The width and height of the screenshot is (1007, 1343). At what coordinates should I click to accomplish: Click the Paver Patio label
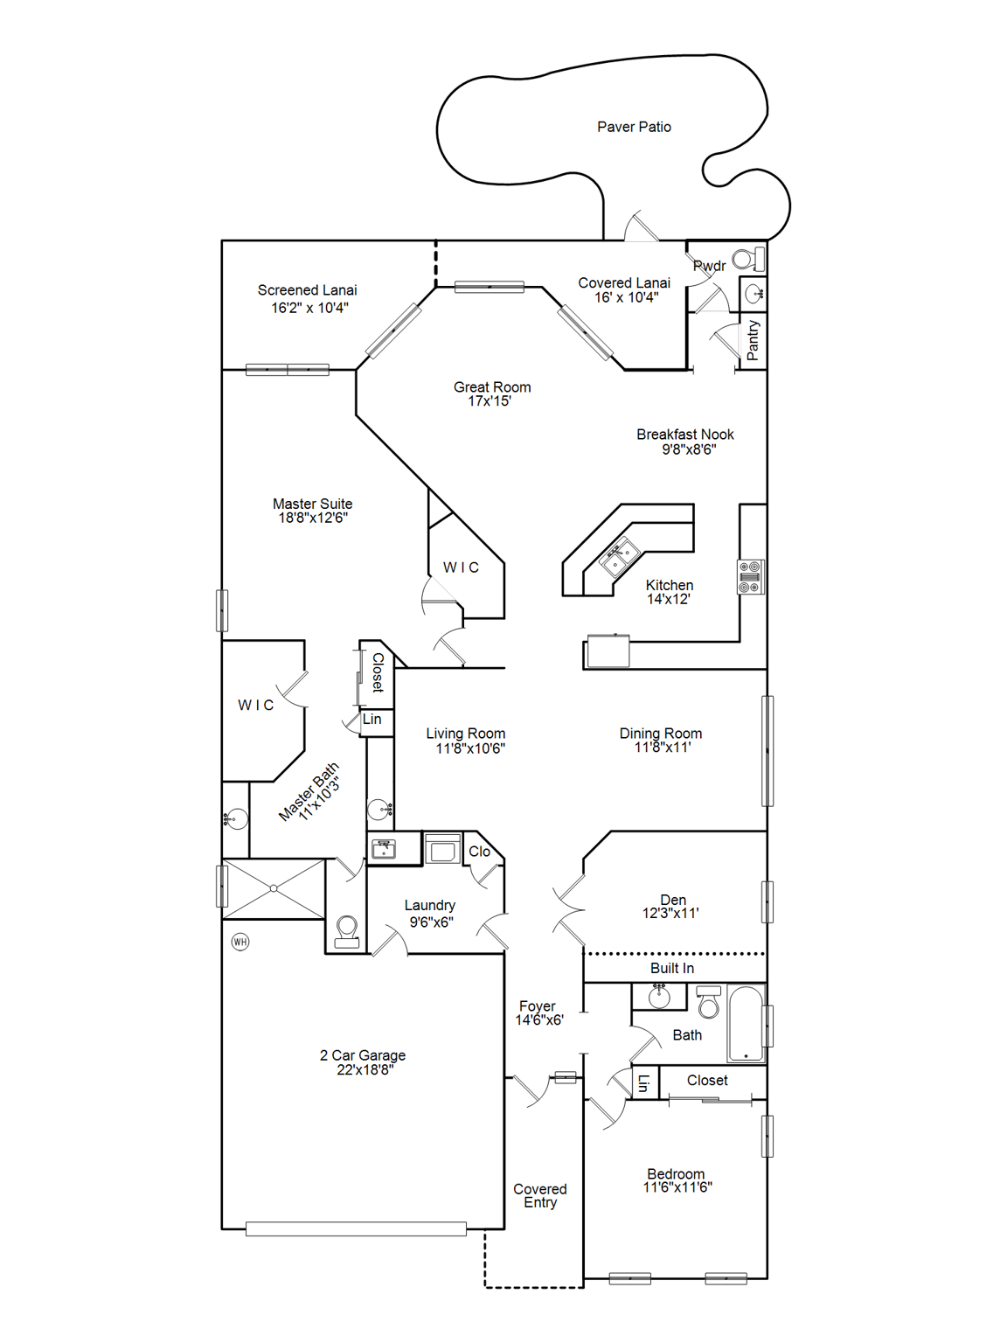634,127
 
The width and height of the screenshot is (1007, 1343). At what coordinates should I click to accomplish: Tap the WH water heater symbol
240,942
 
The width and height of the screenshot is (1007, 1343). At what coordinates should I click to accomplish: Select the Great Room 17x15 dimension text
490,401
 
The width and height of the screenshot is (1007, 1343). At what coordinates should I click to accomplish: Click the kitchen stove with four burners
750,577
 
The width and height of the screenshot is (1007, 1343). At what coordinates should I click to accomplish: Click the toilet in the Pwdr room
748,259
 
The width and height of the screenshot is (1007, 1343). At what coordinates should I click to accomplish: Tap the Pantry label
753,340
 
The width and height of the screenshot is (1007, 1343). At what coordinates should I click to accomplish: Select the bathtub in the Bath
746,1023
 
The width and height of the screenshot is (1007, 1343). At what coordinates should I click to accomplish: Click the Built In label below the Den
671,968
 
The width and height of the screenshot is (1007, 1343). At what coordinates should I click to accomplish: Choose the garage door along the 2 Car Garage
356,1228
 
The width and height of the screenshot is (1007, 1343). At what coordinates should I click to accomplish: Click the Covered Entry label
540,1195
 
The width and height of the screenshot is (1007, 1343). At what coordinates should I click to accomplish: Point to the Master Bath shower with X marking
274,888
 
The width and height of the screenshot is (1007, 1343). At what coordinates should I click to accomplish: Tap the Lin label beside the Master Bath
372,719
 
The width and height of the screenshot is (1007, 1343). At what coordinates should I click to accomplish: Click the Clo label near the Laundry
479,851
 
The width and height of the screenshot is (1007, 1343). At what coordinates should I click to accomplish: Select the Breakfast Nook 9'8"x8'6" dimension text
688,449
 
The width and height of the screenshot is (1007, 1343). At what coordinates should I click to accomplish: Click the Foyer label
537,1006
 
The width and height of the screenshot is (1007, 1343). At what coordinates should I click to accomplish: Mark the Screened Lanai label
307,290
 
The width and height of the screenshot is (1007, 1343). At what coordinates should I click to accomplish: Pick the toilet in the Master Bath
347,930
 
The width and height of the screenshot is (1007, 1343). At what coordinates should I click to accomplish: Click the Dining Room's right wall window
767,750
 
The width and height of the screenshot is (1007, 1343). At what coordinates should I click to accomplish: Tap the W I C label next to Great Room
461,567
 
